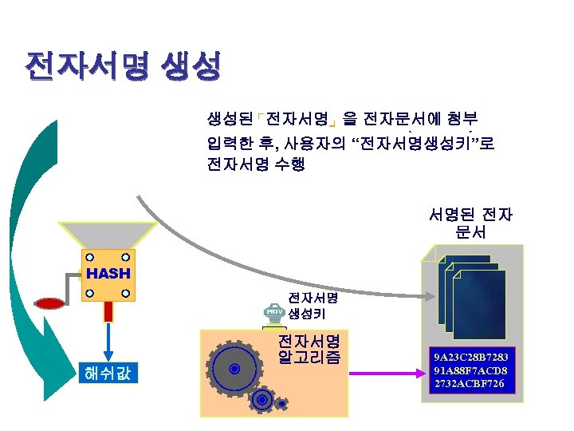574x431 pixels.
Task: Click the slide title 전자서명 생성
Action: tap(122, 66)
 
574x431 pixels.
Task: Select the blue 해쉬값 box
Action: tap(108, 371)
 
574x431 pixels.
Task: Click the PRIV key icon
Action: tap(273, 313)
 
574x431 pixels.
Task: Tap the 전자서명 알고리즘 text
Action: tap(309, 349)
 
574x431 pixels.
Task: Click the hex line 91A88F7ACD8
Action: tap(470, 371)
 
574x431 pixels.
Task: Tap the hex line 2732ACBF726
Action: tap(470, 385)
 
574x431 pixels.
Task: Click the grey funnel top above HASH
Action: tap(108, 236)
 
